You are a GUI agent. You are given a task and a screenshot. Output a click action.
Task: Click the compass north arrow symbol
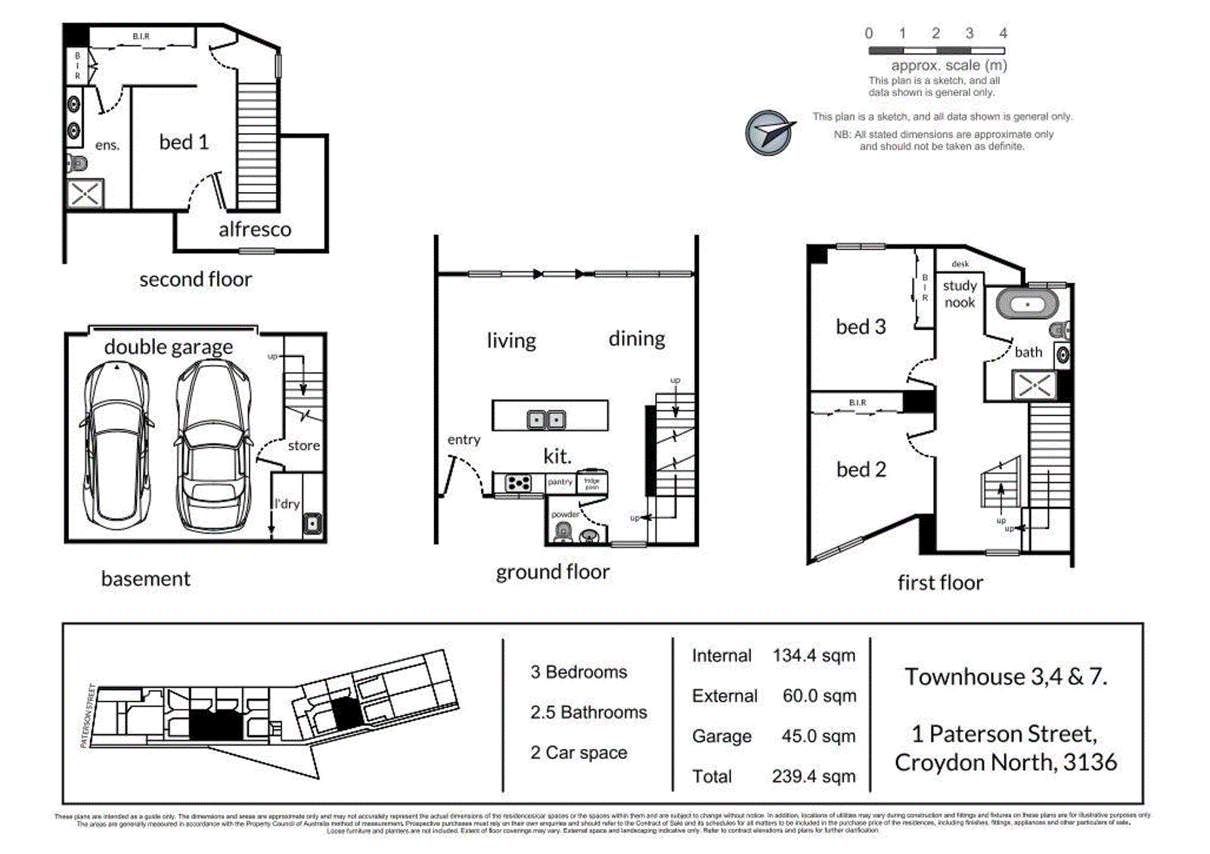pos(769,133)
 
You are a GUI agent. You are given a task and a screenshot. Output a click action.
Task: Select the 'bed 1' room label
pos(184,142)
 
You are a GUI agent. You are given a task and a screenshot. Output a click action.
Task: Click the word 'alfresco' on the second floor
pos(255,230)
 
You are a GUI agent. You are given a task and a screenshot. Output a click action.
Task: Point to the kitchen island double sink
pos(546,419)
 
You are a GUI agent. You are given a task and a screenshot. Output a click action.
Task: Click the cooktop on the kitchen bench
pos(518,483)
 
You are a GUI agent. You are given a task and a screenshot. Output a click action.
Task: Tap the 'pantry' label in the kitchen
pos(560,482)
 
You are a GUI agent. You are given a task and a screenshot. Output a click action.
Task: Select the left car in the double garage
pos(117,446)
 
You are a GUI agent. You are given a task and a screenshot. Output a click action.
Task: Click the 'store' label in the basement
pos(303,446)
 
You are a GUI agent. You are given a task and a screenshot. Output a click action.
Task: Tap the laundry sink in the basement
pos(312,523)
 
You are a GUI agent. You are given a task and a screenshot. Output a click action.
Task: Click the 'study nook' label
pos(960,294)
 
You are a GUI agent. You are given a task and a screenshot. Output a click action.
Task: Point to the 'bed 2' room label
pos(861,470)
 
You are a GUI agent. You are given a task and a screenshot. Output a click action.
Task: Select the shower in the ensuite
pos(85,194)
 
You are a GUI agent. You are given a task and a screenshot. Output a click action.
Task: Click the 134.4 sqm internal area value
pos(814,656)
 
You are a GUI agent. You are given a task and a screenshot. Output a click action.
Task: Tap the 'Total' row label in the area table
pos(712,776)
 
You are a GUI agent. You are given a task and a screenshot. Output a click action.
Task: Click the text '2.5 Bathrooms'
pos(588,712)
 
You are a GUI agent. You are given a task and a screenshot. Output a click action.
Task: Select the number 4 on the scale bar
pos(1003,33)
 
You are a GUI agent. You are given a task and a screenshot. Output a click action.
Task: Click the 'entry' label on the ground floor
pos(464,440)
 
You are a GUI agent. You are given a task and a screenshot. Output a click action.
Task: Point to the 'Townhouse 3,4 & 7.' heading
pos(1006,676)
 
